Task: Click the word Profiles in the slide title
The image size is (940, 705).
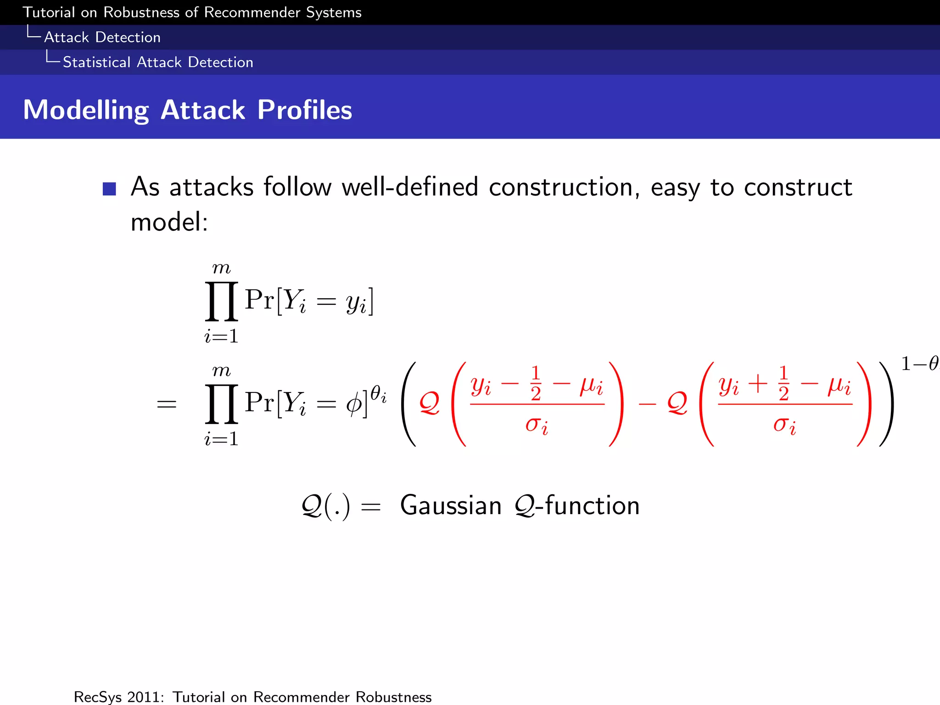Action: (304, 110)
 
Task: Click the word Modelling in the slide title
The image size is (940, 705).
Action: (86, 110)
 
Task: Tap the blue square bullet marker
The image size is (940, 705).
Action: (109, 189)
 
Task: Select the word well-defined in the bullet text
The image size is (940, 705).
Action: (410, 187)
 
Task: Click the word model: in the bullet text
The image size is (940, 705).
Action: (169, 223)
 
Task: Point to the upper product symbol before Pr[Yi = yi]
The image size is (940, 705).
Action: (221, 301)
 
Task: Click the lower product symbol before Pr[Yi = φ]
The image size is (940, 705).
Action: (221, 404)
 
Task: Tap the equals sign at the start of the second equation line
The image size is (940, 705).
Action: (167, 404)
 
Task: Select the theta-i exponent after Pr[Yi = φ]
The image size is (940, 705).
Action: (378, 393)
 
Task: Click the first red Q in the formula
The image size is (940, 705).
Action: (430, 403)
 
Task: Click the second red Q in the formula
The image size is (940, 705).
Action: (677, 403)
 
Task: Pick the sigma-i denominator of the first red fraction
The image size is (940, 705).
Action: (537, 425)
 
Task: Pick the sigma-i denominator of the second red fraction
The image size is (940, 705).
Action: (784, 425)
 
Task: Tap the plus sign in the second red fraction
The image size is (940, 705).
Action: (758, 384)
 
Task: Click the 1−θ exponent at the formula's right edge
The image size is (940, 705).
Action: (920, 364)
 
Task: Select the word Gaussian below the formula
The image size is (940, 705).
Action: (451, 506)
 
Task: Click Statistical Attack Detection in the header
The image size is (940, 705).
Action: (158, 62)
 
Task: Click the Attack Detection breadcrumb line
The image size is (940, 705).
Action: (102, 37)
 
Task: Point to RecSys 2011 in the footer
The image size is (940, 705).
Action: (118, 697)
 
